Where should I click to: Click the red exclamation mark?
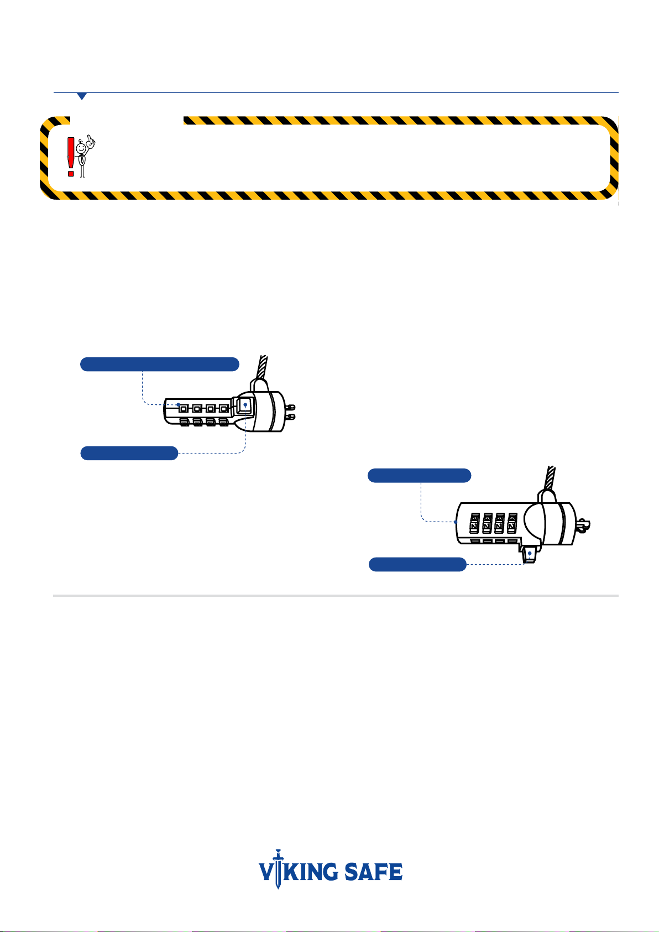pos(71,157)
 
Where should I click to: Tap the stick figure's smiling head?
pos(81,148)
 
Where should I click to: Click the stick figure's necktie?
pos(82,159)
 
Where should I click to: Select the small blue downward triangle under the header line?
pos(82,96)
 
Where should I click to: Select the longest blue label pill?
pos(160,364)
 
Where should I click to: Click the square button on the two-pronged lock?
pos(244,405)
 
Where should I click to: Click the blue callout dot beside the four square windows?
pos(178,404)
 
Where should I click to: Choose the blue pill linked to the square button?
pos(129,453)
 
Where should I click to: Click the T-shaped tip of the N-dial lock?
pos(583,525)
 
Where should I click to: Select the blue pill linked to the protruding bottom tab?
pos(417,564)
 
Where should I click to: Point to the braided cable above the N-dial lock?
pos(550,478)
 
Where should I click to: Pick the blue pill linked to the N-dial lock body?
pos(420,475)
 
